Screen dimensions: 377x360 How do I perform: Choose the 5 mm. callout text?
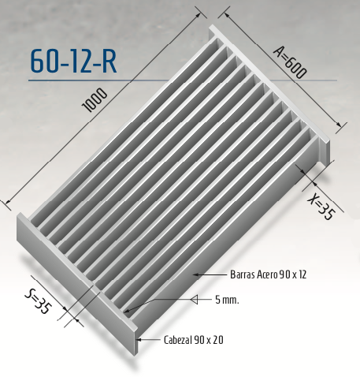226,300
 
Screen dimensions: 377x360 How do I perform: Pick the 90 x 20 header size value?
210,339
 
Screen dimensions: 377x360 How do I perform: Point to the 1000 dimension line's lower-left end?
6,201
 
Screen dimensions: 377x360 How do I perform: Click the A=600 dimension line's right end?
345,126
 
